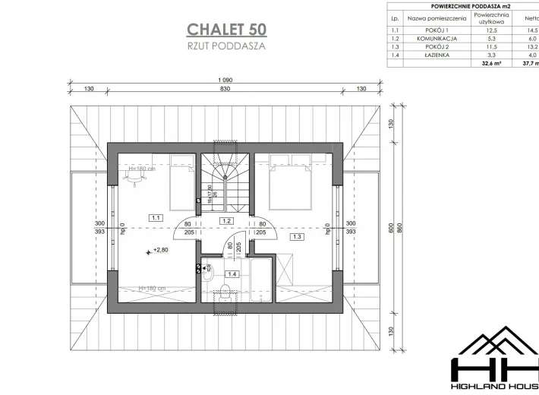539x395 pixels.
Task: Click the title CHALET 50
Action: [226, 30]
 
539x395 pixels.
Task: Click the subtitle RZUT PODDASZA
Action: [226, 46]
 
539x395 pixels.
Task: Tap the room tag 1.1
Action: [156, 217]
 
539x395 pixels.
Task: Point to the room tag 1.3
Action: [296, 237]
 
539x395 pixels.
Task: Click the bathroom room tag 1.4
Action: [233, 273]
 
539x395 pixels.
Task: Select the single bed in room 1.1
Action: [181, 182]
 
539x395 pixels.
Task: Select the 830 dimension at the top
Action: [225, 89]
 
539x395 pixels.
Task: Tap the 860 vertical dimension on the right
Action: [401, 228]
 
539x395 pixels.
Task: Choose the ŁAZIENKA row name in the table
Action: [432, 55]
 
